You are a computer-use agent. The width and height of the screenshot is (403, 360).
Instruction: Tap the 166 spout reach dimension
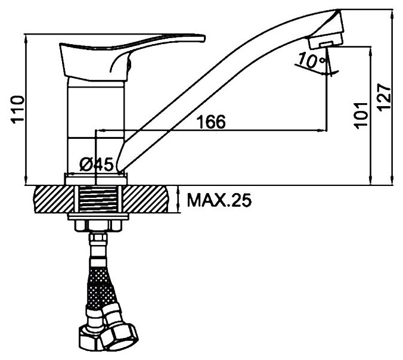[212, 122]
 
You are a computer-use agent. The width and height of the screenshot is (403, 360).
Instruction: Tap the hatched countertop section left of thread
[52, 199]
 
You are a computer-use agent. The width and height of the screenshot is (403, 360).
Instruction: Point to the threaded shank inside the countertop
[98, 199]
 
